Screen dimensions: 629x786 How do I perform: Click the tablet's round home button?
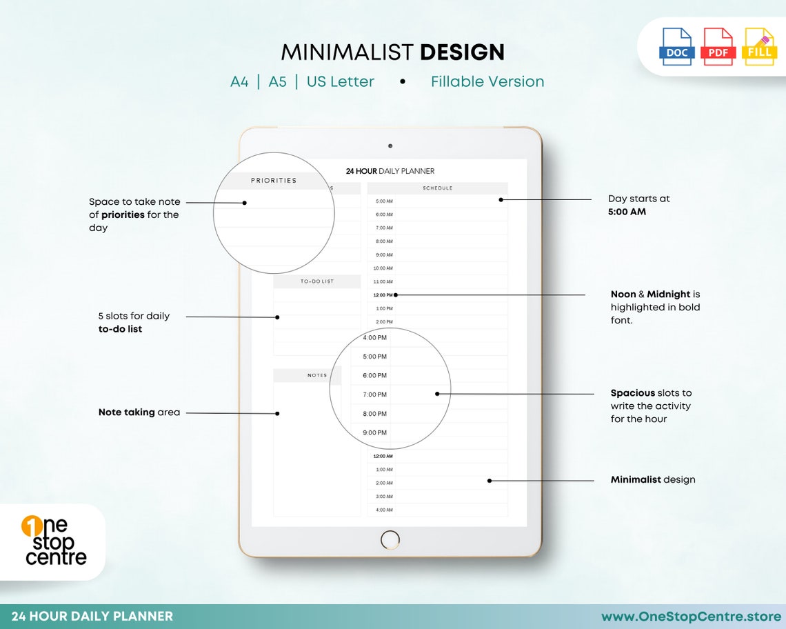390,540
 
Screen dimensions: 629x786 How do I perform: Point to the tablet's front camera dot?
390,146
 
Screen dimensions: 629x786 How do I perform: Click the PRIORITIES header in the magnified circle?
274,181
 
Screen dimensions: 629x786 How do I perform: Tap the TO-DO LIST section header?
317,281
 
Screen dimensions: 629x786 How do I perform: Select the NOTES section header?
317,375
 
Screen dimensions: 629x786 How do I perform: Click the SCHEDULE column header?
438,188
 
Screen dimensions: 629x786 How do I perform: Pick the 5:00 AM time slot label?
384,201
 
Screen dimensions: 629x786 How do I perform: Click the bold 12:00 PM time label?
383,295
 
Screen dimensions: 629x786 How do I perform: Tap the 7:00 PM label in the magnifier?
374,395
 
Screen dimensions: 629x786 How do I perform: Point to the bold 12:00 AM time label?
383,456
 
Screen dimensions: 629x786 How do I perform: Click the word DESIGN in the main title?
462,52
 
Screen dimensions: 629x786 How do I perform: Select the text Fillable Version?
487,81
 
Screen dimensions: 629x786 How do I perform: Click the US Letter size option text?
341,81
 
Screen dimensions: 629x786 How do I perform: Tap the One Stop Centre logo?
55,541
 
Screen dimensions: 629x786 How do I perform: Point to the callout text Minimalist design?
653,479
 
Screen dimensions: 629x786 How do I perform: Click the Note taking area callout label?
139,412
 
